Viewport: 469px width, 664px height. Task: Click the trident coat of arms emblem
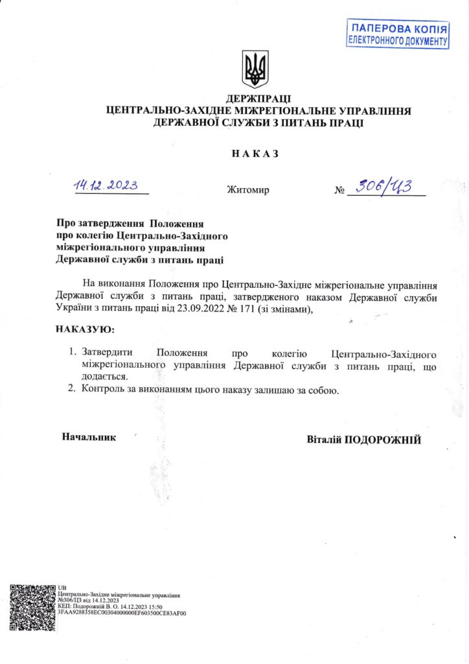[x=255, y=69]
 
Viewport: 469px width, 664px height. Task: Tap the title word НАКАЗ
[x=255, y=154]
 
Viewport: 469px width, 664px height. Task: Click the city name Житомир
[x=248, y=191]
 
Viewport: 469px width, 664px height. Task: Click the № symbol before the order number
[x=339, y=191]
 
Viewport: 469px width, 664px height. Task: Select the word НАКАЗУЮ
[x=85, y=329]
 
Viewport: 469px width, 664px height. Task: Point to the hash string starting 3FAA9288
[x=122, y=612]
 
